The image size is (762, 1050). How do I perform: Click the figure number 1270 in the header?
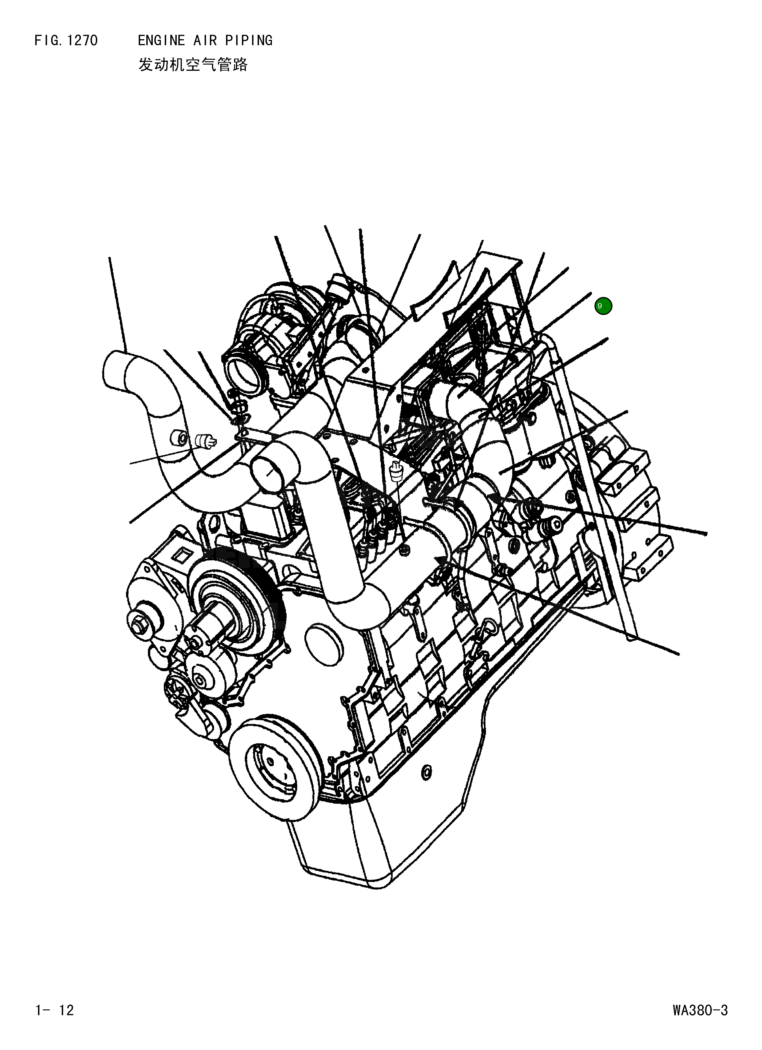82,41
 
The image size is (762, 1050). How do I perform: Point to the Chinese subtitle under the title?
193,64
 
